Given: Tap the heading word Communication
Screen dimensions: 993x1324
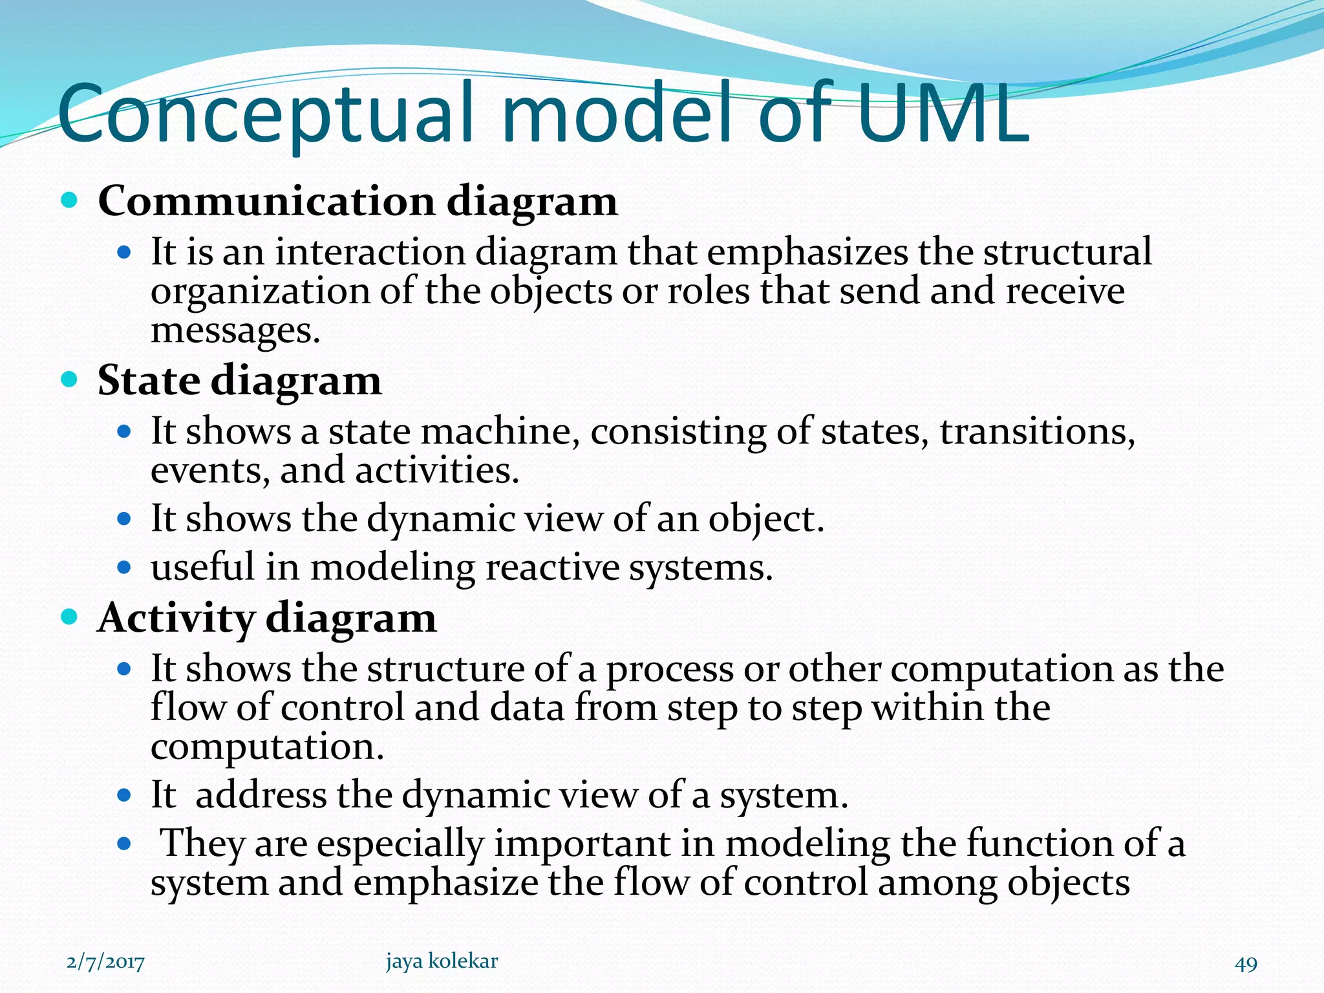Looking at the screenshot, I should pos(266,201).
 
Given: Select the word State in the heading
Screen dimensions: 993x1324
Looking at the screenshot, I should pos(148,380).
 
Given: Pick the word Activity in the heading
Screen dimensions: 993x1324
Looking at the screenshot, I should pos(175,618).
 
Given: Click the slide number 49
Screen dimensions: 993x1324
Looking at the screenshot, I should pos(1246,964).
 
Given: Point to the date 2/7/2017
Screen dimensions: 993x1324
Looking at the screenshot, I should pos(105,963).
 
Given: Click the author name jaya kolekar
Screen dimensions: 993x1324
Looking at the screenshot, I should pos(442,961).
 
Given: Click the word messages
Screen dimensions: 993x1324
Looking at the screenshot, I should pos(235,330).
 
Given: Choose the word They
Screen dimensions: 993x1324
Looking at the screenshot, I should pos(202,844).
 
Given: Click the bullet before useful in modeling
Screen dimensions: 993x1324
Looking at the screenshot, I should pos(124,568).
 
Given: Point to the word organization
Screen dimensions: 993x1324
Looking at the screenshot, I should pos(261,292).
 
